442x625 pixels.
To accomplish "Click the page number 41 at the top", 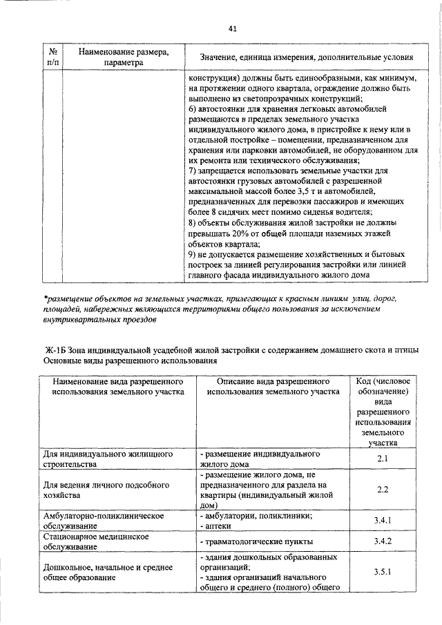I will point(232,28).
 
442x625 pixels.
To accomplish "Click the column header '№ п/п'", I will point(52,57).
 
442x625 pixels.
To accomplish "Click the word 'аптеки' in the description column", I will point(217,526).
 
